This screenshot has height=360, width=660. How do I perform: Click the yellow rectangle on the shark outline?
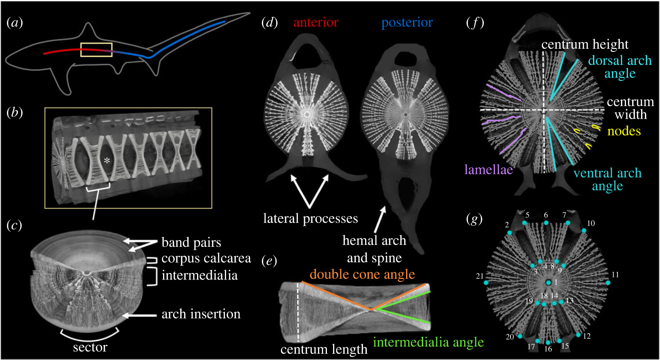click(96, 50)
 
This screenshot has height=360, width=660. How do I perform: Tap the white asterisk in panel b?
click(107, 160)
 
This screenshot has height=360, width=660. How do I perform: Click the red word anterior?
click(316, 22)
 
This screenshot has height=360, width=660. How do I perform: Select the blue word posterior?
click(407, 22)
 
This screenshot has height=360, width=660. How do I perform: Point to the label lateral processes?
click(310, 218)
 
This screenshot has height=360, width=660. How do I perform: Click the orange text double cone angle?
click(362, 274)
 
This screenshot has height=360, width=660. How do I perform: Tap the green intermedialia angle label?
click(428, 342)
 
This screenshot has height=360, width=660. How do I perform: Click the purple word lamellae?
click(488, 169)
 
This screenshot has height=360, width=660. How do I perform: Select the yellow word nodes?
click(624, 131)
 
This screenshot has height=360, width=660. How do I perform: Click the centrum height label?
click(585, 44)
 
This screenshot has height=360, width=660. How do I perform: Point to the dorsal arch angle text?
click(620, 67)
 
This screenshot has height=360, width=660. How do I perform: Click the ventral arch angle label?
click(607, 179)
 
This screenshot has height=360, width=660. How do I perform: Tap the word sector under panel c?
click(90, 347)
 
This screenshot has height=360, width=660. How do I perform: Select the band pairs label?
click(191, 242)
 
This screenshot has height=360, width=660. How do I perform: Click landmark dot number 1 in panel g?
click(548, 283)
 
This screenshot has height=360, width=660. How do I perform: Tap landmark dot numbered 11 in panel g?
click(608, 283)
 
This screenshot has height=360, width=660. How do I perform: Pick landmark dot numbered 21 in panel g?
click(486, 283)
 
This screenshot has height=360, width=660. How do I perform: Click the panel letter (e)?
click(269, 261)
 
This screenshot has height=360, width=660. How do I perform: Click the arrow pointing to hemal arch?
click(380, 218)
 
